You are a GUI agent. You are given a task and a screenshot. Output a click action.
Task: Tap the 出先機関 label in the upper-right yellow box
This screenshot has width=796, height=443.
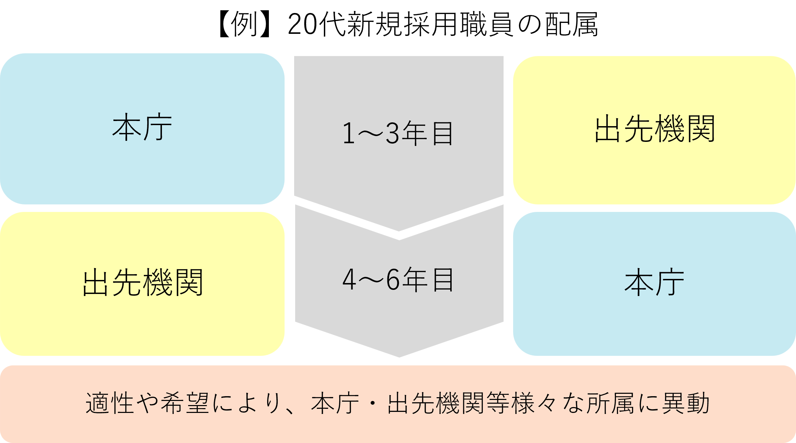tap(655, 129)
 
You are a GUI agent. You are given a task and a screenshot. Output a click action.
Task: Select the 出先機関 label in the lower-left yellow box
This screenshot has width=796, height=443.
tap(143, 283)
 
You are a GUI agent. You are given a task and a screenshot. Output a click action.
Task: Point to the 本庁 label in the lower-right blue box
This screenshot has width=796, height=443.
tap(654, 283)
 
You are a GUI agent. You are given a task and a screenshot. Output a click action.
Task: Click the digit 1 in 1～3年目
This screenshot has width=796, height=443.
tap(349, 134)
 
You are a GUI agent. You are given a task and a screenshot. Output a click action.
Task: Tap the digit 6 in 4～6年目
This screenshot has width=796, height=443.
tap(393, 280)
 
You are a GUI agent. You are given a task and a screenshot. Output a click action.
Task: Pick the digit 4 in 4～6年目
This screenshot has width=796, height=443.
tap(349, 280)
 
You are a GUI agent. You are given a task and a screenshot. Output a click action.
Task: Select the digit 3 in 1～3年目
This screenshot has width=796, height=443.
tap(392, 134)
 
